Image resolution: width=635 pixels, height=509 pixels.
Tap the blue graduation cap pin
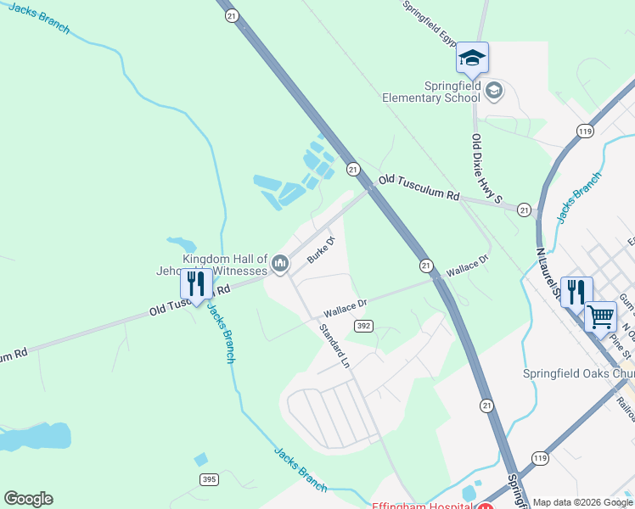coord(472,58)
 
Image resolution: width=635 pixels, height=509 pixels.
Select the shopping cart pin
coord(601,317)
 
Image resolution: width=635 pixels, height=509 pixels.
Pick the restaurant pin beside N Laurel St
coord(576,292)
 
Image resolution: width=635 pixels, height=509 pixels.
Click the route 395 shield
coord(210,479)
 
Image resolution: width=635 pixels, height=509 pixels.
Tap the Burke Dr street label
coord(322,249)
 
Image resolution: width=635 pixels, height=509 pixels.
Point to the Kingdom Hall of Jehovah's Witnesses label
coord(225,265)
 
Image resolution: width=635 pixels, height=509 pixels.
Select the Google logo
coord(28,499)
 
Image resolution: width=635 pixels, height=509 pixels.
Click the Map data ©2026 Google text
coord(582,502)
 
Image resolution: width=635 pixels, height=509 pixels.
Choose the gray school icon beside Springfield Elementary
coord(495,89)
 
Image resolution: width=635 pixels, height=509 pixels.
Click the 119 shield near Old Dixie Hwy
coord(584,131)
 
